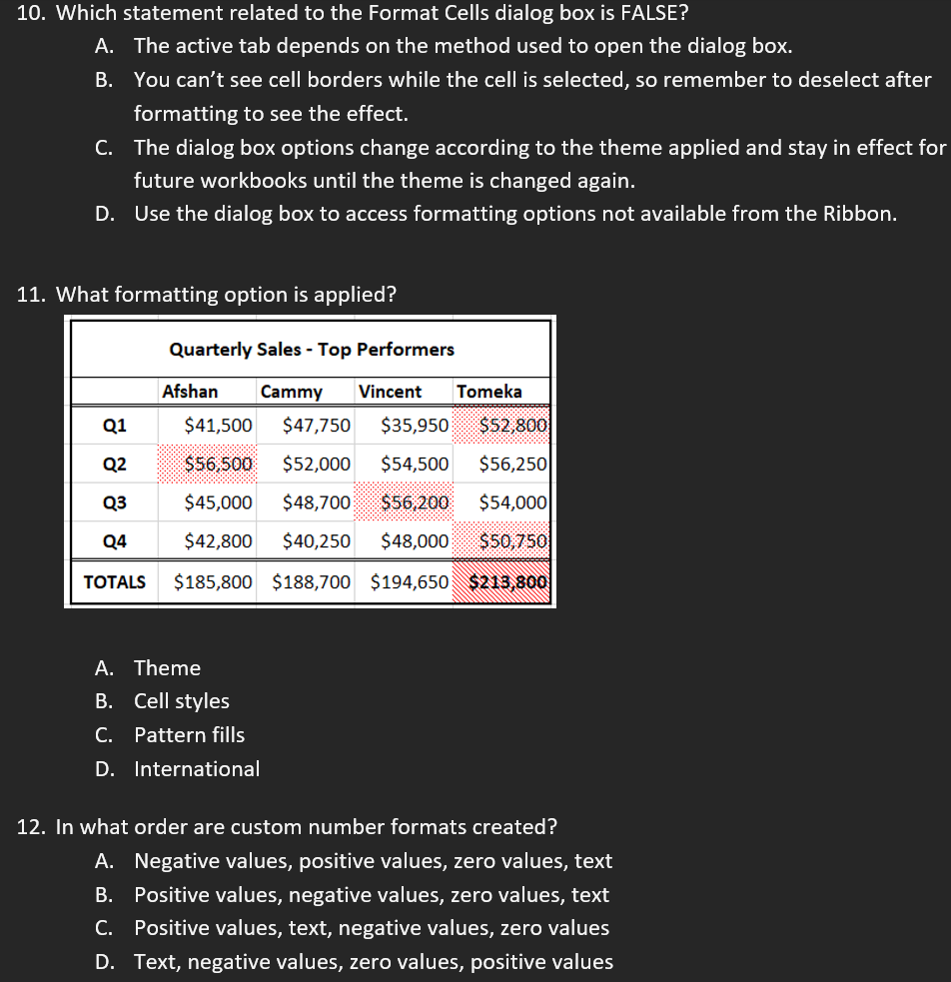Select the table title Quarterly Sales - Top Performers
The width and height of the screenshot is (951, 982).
[312, 350]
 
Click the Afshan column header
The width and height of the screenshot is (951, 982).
[190, 392]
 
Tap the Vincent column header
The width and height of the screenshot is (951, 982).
[390, 392]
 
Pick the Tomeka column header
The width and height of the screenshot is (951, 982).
[488, 392]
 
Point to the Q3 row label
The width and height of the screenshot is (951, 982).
[115, 502]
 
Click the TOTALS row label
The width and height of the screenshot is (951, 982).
[114, 581]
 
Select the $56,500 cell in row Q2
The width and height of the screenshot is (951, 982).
[219, 464]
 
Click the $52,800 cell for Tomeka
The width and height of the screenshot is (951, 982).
[513, 426]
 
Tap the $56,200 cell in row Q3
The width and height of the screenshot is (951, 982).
[415, 502]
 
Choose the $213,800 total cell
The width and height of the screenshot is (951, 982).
[508, 581]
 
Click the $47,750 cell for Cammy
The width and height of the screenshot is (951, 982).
[317, 426]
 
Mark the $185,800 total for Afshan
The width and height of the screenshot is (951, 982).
[213, 581]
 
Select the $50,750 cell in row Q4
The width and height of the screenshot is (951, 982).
[513, 541]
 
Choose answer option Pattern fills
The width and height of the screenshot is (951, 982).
[189, 735]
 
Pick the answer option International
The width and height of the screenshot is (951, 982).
[197, 769]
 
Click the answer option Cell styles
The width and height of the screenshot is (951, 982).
[182, 701]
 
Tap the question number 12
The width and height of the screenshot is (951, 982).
[33, 827]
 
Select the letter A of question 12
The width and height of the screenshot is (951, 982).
[103, 861]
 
